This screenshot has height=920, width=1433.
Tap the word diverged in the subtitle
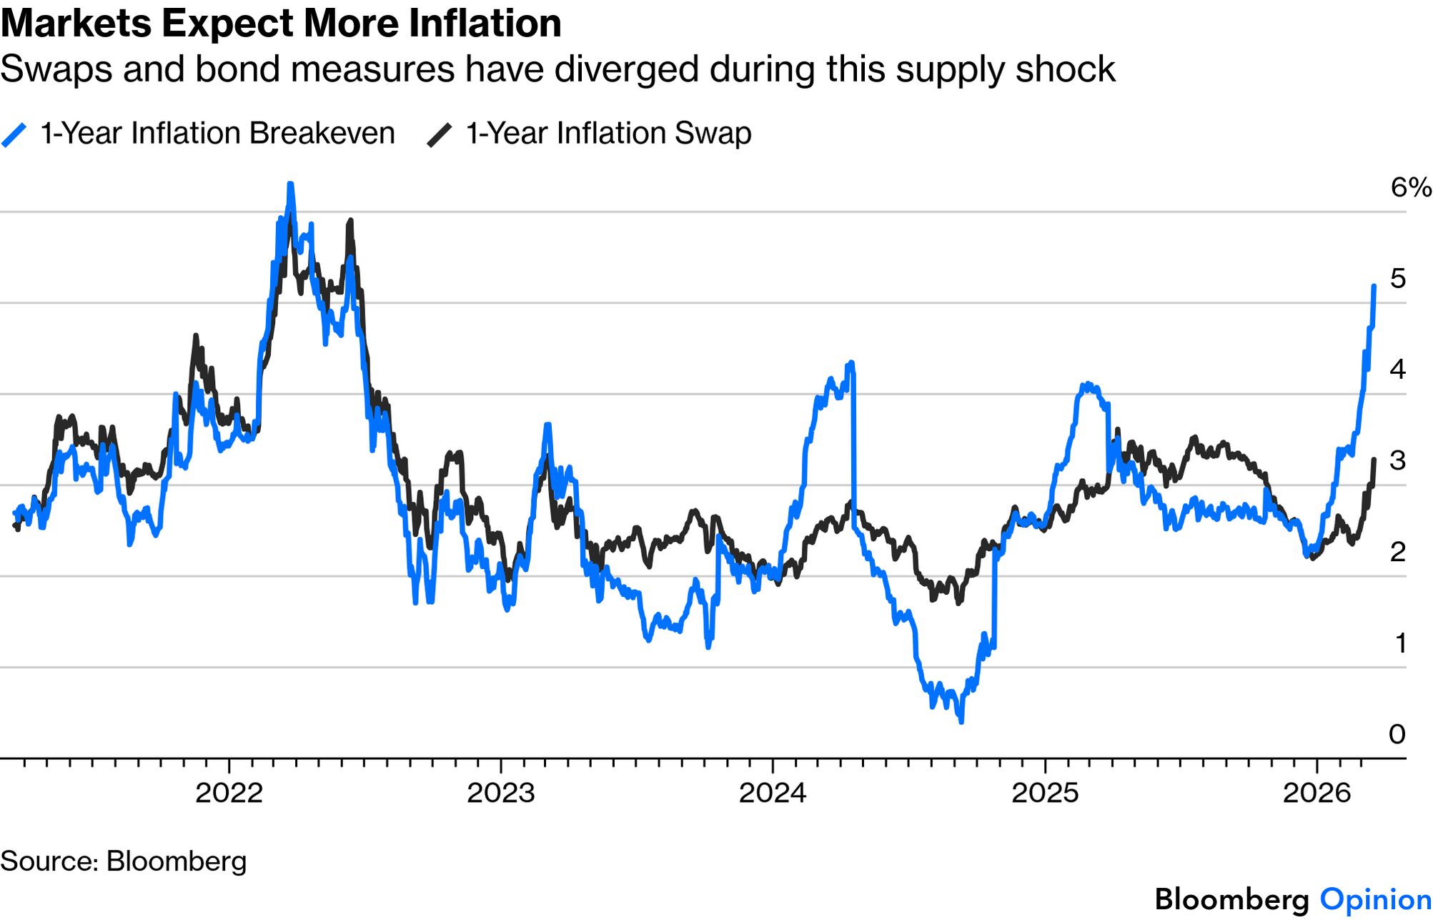click(x=625, y=69)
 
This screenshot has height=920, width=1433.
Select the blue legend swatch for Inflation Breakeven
click(x=14, y=134)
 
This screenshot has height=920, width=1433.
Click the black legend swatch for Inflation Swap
click(x=439, y=134)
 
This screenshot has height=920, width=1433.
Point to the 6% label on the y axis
click(x=1410, y=187)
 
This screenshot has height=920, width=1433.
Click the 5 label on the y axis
click(x=1398, y=278)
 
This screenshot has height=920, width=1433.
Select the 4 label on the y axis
click(x=1398, y=369)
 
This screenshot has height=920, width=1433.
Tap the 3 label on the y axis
click(x=1398, y=460)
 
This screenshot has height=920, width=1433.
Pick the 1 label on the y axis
click(x=1400, y=643)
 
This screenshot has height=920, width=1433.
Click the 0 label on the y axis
click(x=1397, y=734)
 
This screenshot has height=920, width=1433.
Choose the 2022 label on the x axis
click(x=229, y=793)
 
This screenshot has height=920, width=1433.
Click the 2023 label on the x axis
click(x=501, y=793)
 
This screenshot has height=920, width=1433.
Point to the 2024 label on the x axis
click(x=773, y=793)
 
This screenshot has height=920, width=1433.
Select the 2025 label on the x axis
click(x=1045, y=793)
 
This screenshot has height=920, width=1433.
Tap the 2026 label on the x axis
click(x=1317, y=793)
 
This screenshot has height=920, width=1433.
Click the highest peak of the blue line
click(x=290, y=184)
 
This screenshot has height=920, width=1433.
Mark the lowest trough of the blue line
click(x=961, y=721)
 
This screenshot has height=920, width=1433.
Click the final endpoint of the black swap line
click(x=1374, y=460)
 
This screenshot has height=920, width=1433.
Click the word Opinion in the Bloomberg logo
click(x=1375, y=899)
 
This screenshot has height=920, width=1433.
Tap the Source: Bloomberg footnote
click(x=124, y=861)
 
